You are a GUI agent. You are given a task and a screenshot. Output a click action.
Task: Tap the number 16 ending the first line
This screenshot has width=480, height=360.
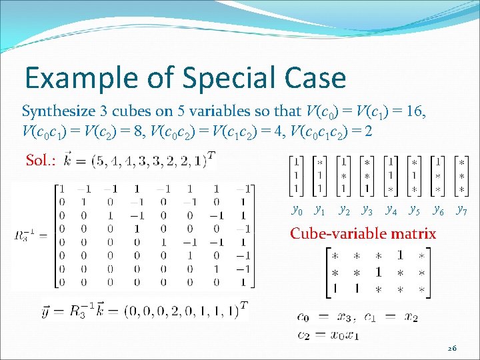click(x=416, y=111)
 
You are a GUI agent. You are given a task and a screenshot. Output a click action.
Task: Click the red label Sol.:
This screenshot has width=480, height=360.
click(x=41, y=160)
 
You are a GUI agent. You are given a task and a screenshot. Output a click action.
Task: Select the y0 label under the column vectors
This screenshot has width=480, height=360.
click(x=297, y=211)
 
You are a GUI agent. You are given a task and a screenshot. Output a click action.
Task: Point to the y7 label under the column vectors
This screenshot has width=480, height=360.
click(x=461, y=211)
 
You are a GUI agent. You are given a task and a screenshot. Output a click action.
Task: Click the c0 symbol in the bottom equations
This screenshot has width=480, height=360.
click(x=303, y=318)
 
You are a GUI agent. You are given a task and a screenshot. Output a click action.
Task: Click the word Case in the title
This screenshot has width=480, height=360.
click(x=314, y=78)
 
